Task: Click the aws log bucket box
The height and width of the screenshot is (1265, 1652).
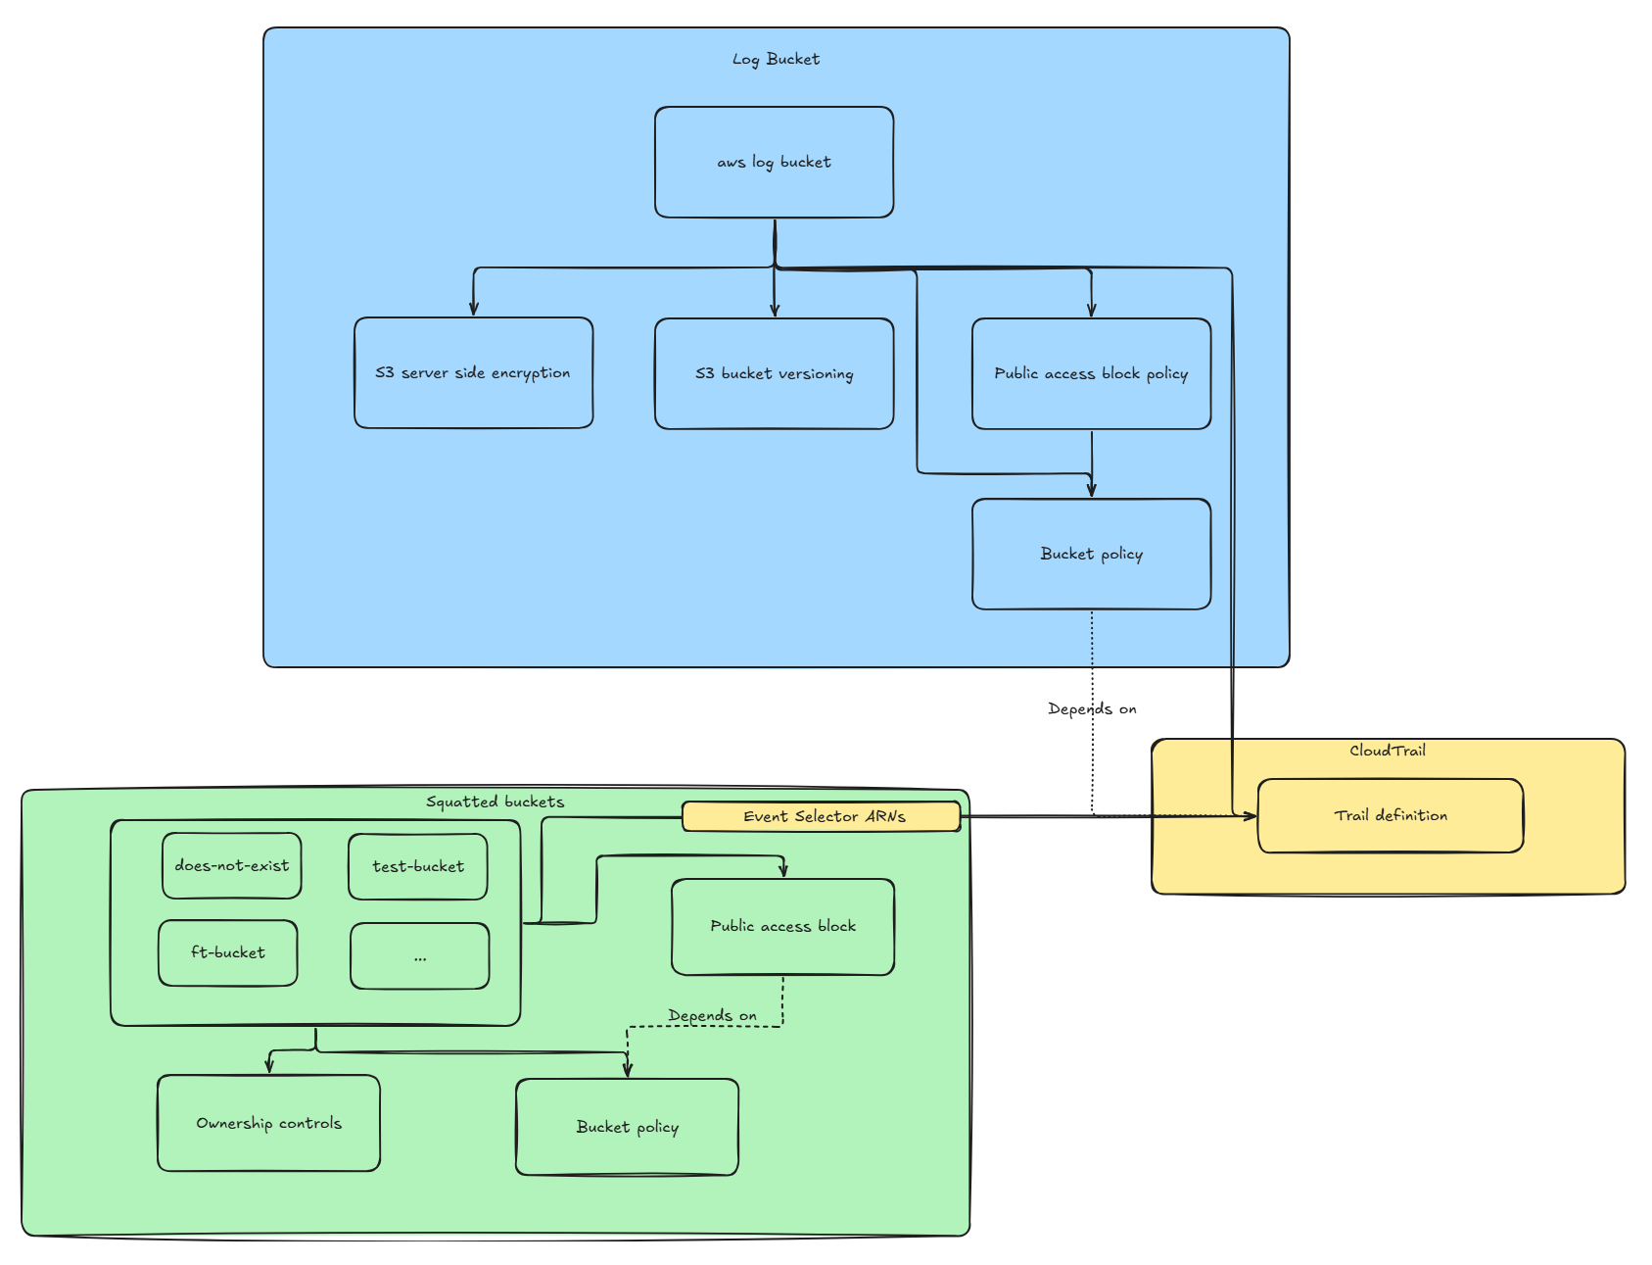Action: click(x=774, y=163)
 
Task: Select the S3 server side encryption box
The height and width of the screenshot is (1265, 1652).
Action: click(x=473, y=373)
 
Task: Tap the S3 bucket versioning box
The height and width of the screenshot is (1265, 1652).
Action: click(x=774, y=373)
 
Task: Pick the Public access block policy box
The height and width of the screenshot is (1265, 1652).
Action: click(x=1091, y=373)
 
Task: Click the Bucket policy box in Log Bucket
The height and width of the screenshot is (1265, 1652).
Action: click(x=1091, y=555)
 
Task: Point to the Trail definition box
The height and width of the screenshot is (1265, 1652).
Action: click(x=1390, y=816)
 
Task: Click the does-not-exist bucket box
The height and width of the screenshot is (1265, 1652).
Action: click(x=232, y=866)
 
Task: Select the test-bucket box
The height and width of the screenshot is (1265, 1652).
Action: click(x=418, y=866)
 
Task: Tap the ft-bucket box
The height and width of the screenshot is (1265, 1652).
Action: click(x=228, y=952)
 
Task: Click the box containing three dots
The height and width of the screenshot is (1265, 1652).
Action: click(x=420, y=956)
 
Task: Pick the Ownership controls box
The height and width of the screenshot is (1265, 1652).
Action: click(x=268, y=1123)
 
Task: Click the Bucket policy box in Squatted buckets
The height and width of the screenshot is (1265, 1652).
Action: click(x=627, y=1128)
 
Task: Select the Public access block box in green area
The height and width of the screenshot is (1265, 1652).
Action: click(x=782, y=927)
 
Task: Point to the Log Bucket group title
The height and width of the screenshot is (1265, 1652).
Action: click(x=776, y=60)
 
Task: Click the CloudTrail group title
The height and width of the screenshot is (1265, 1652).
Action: click(x=1387, y=752)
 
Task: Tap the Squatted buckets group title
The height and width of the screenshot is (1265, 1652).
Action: click(x=495, y=803)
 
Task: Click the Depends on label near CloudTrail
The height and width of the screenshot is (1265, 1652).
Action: click(x=1092, y=709)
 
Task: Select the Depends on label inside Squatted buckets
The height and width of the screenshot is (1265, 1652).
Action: click(x=712, y=1016)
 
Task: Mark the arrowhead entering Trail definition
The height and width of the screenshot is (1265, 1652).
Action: click(x=1251, y=816)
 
